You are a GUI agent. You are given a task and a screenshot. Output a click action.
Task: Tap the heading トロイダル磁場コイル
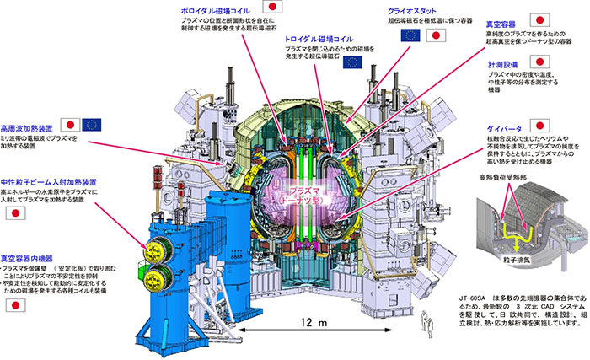pos(315,39)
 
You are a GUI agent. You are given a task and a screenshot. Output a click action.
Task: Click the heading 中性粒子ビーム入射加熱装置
pos(48,181)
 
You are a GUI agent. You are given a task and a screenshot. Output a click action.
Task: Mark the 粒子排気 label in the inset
pos(512,262)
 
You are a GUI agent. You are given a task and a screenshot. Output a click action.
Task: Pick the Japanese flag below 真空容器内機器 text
pos(13,305)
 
